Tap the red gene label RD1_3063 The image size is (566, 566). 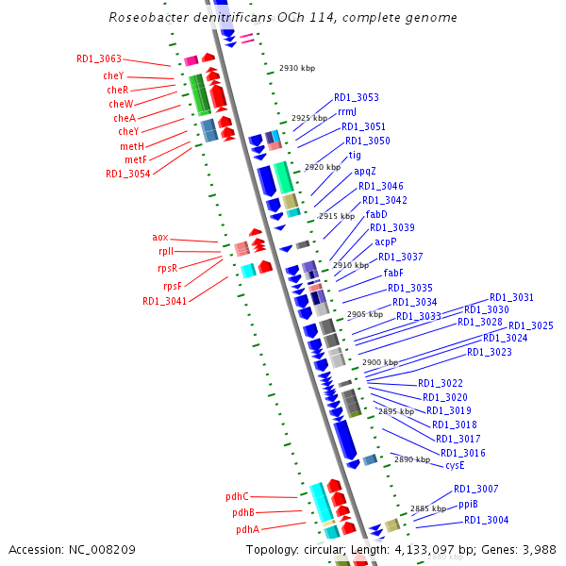(99, 58)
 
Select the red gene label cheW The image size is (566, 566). (121, 104)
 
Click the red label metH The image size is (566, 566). (132, 146)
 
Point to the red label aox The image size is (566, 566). (160, 238)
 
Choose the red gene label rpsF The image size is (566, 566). (172, 286)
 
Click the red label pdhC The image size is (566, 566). (237, 496)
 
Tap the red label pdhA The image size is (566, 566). (247, 529)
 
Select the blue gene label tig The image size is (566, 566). (355, 155)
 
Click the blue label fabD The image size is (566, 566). (376, 214)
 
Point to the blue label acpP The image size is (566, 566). (386, 242)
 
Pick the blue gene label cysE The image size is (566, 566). (455, 465)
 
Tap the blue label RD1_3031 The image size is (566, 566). (511, 297)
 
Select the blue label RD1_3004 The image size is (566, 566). (486, 520)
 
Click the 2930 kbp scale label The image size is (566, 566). (297, 68)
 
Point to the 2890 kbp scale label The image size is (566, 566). (412, 459)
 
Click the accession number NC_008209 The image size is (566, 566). (108, 549)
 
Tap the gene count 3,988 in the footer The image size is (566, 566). (540, 549)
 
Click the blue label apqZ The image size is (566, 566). (365, 171)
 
